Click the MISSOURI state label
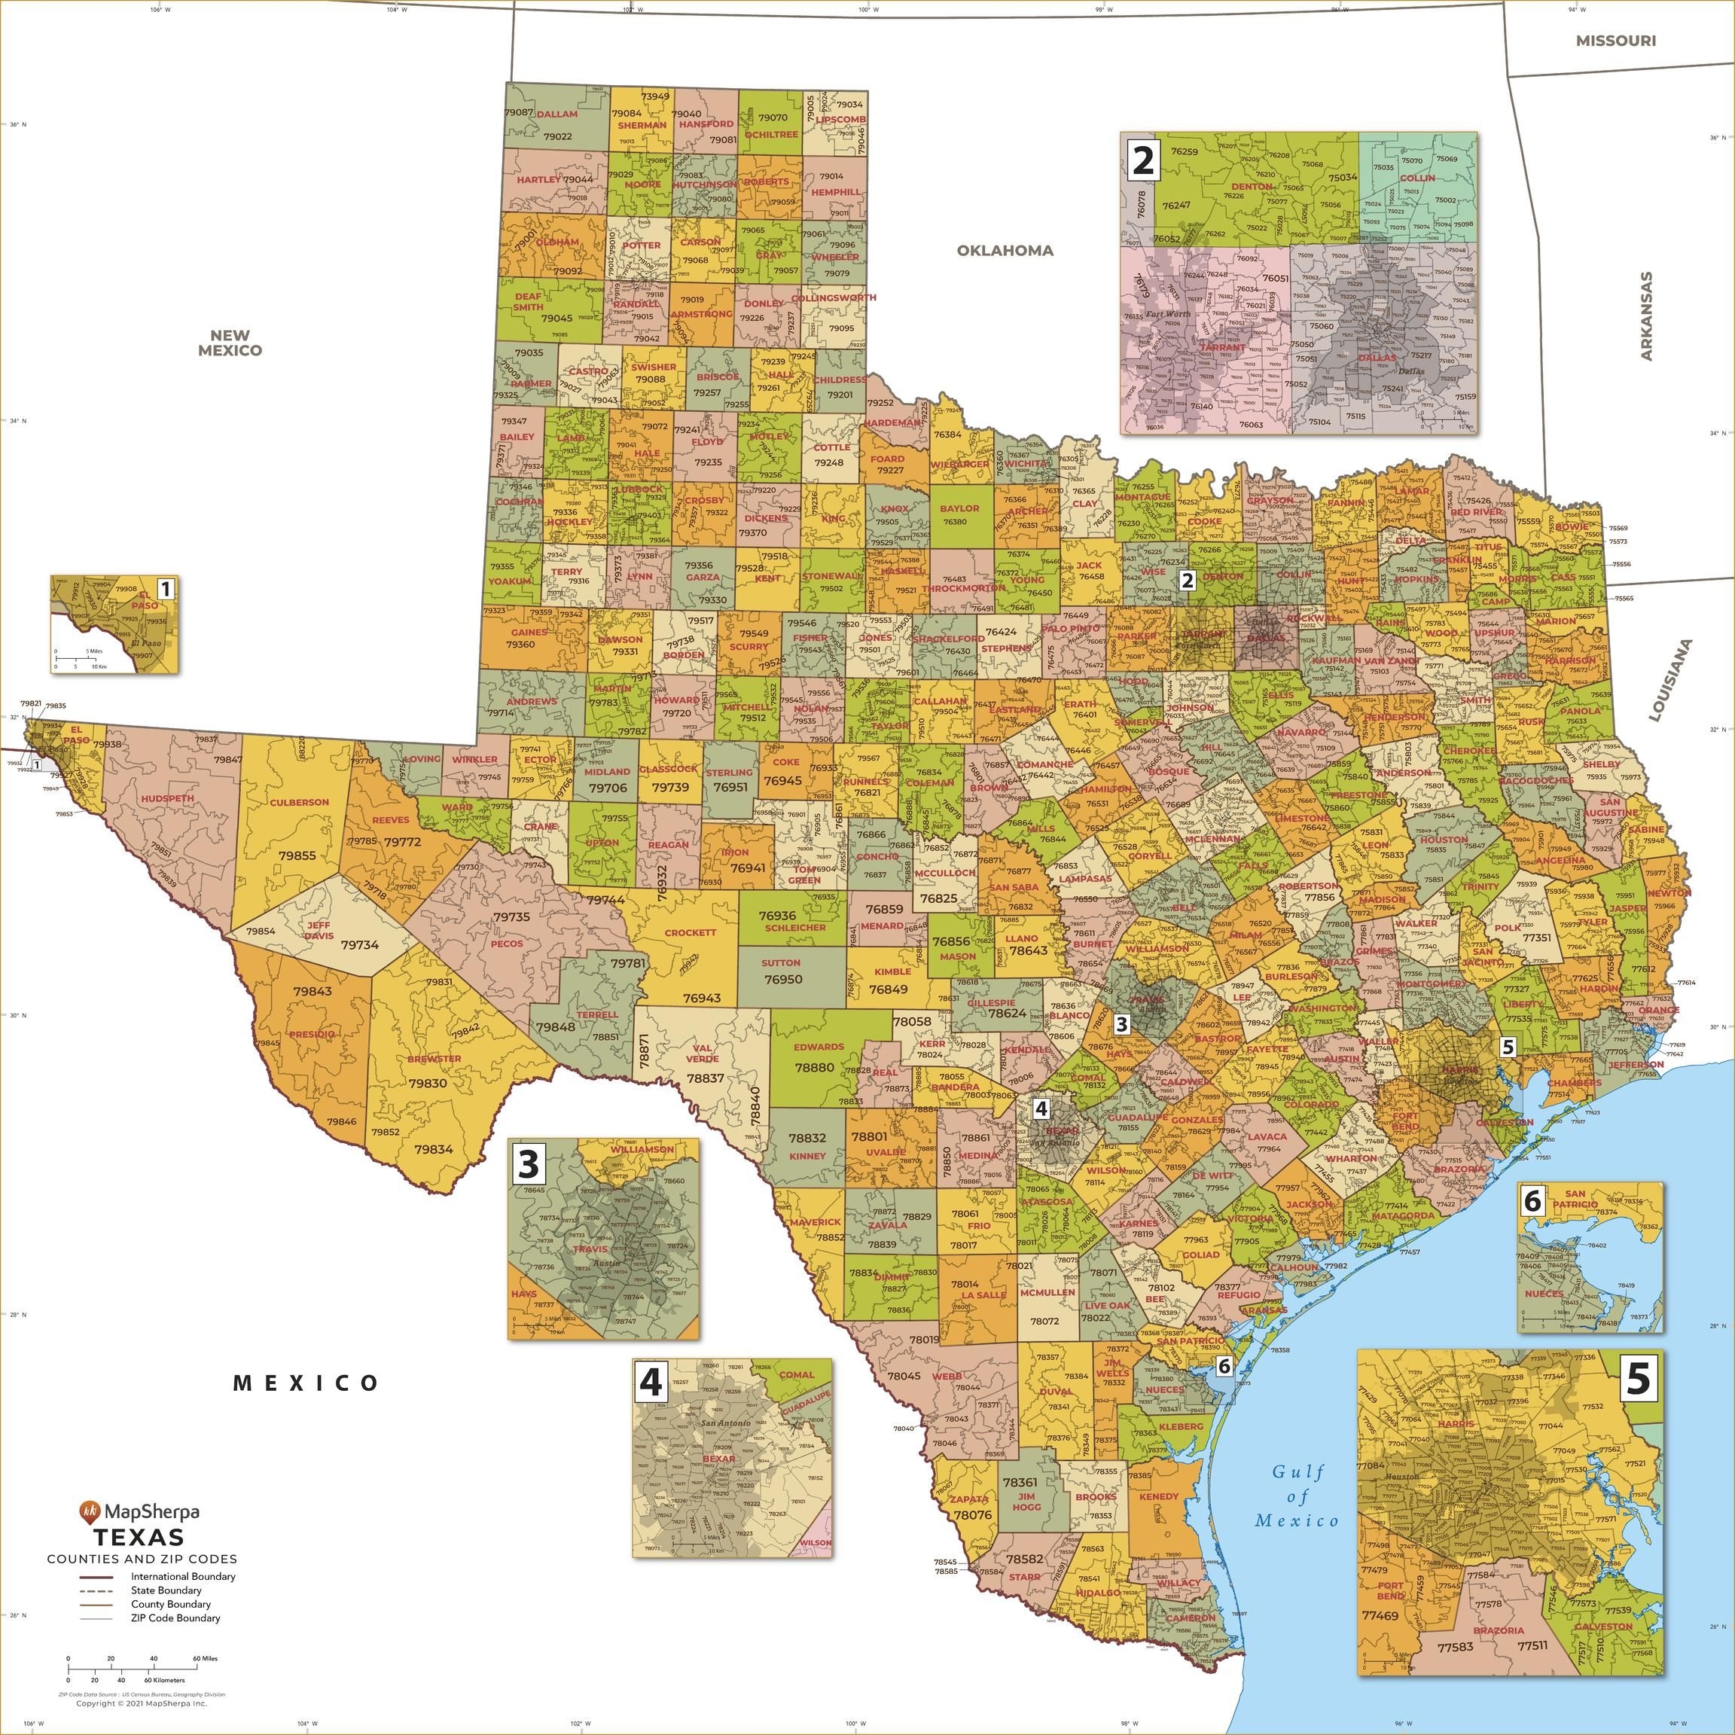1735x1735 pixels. [1615, 41]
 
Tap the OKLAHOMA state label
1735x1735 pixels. [1004, 251]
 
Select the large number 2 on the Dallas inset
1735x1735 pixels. [1142, 160]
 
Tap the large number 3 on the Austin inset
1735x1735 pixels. [529, 1165]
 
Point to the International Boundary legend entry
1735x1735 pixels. [182, 1576]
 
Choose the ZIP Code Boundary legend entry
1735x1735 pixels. [175, 1618]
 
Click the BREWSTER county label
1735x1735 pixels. [434, 1059]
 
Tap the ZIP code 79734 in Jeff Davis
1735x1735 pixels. [360, 946]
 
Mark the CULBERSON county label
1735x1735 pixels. [299, 802]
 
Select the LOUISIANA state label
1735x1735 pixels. [1669, 681]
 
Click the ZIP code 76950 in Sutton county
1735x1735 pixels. [783, 979]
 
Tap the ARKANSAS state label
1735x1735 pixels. [1646, 316]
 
